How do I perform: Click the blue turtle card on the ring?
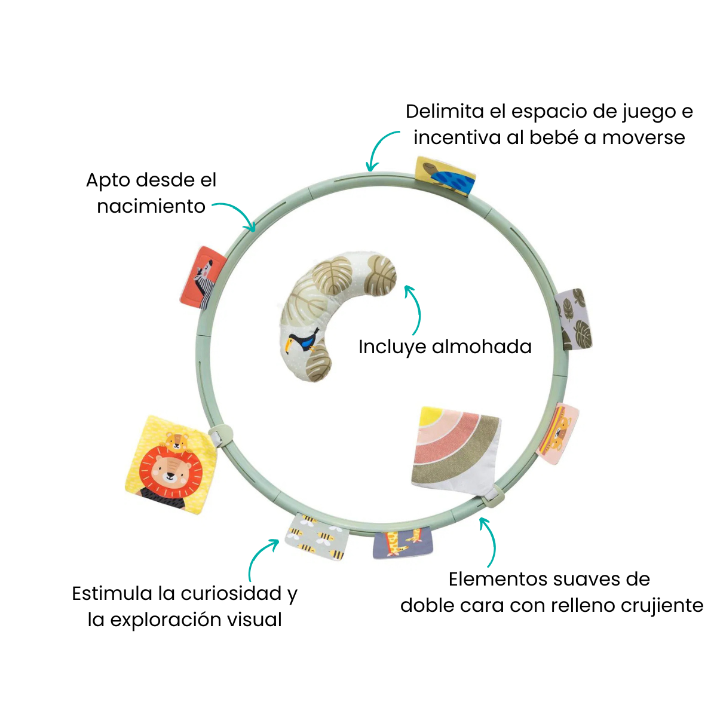coord(445,176)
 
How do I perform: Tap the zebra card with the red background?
coord(203,278)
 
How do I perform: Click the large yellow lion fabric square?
coord(171,464)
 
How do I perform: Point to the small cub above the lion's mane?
coord(177,442)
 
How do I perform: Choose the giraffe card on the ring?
coord(403,544)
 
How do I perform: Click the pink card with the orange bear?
coord(559,433)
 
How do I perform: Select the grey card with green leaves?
coord(574,319)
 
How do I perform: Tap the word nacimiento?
coord(151,206)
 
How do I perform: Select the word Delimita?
coord(445,111)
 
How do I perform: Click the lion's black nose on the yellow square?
coord(170,475)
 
